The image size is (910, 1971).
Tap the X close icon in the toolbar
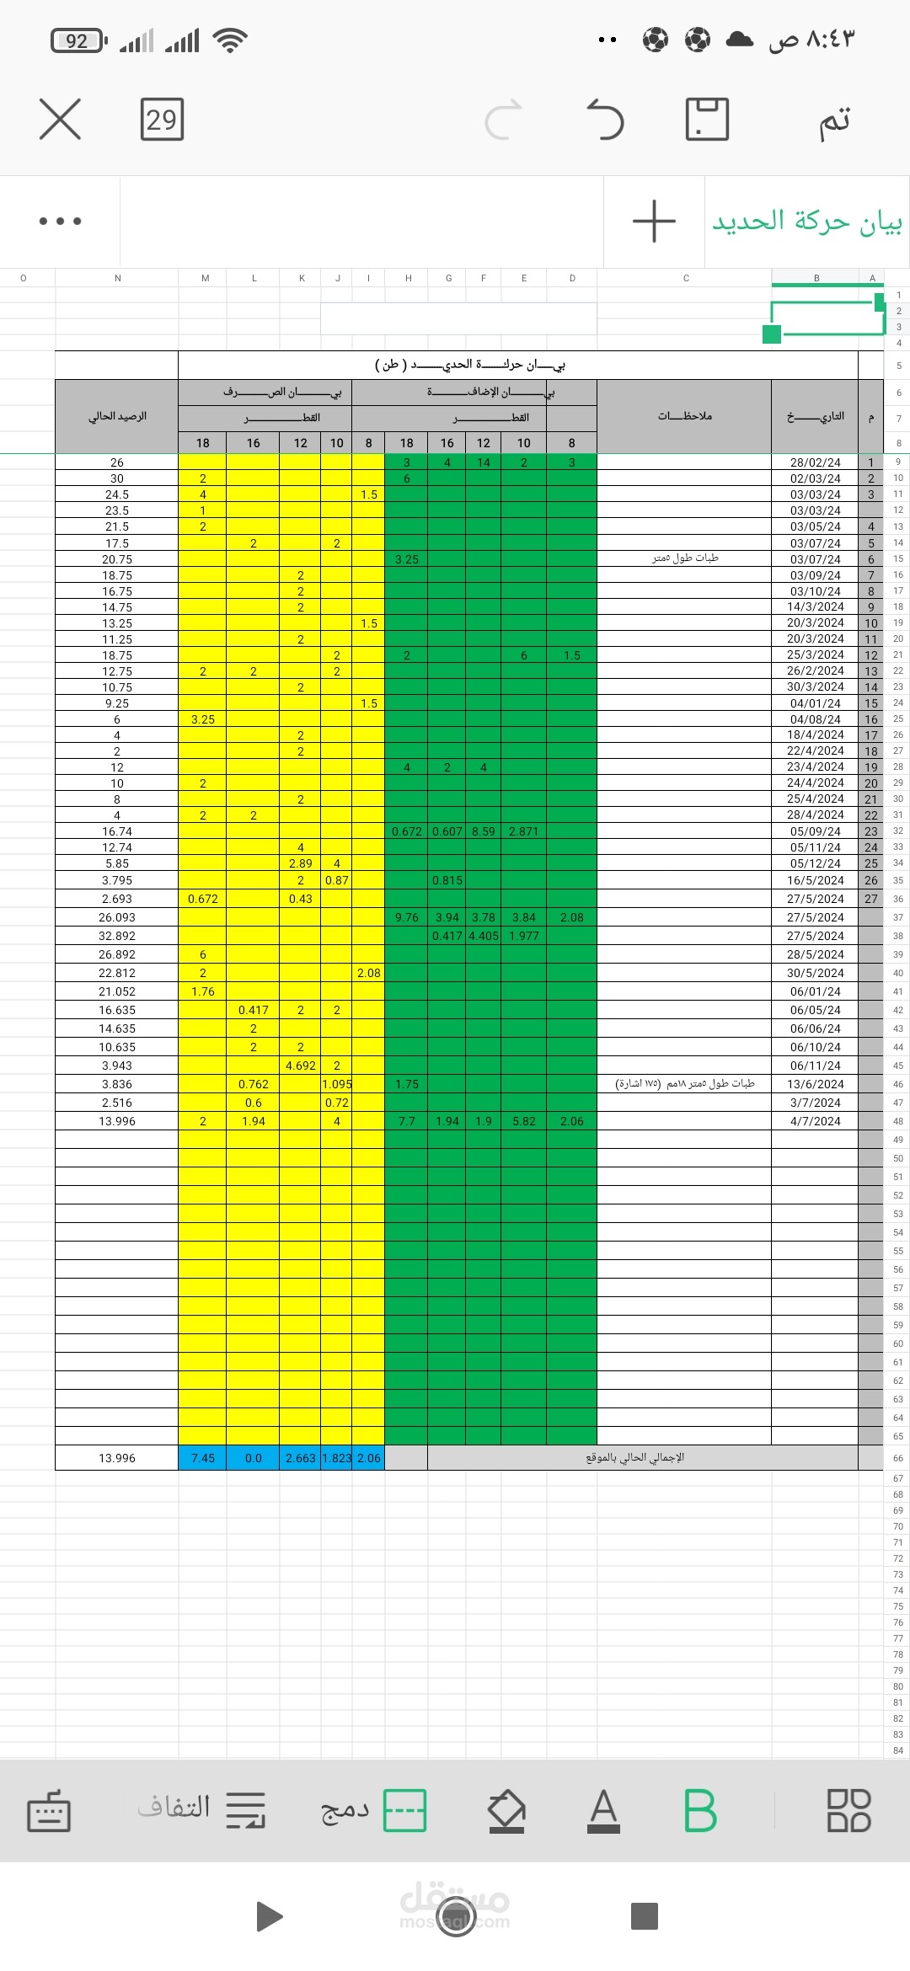pos(60,119)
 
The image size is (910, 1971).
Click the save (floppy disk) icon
pos(707,119)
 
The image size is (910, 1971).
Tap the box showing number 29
pos(162,120)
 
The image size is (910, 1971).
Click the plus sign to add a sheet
pos(654,222)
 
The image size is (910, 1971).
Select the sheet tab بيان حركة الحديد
pos(806,222)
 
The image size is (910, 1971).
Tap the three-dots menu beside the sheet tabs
pos(60,222)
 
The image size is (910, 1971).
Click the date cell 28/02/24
pos(815,462)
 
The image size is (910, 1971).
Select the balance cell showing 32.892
pos(116,936)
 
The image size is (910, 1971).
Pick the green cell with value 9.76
pos(406,917)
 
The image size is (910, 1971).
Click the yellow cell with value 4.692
pos(300,1066)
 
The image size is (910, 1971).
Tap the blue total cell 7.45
pos(202,1458)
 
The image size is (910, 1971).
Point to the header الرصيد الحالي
pos(117,416)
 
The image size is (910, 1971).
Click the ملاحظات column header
pos(684,416)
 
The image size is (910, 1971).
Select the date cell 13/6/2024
pos(815,1084)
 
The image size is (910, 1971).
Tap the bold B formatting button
pos(699,1810)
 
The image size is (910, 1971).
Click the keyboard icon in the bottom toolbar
pos(49,1812)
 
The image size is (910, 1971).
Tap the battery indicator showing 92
pos(78,40)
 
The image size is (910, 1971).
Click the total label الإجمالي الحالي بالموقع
pos(634,1458)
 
